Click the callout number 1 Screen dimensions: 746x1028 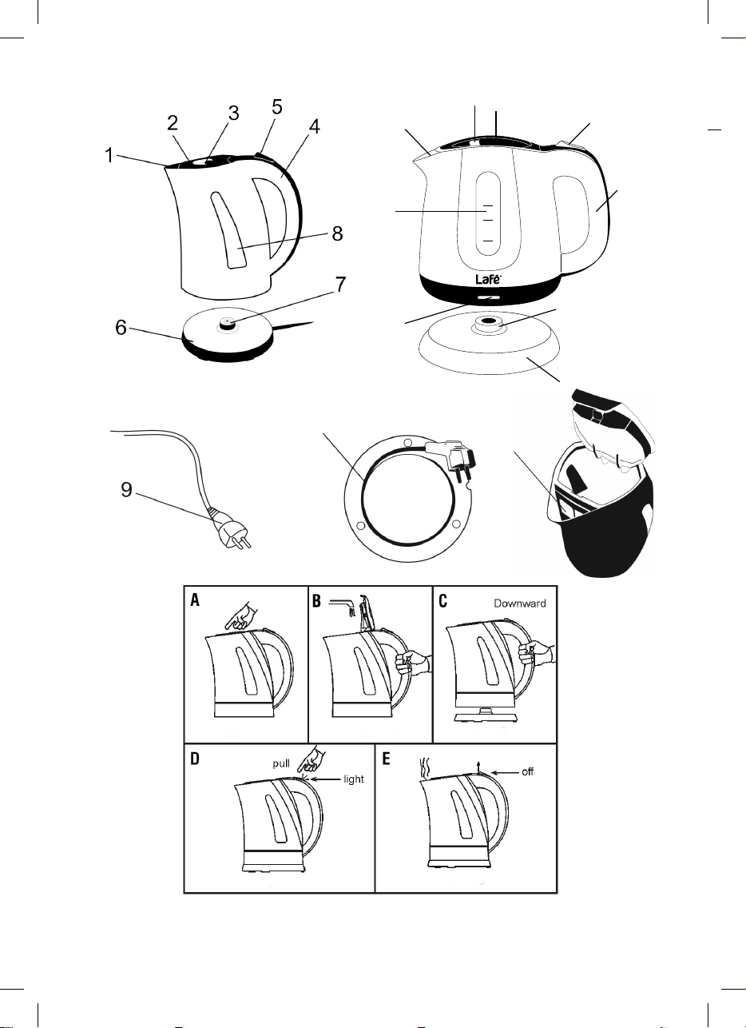tap(109, 155)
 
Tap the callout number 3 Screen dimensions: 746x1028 tap(234, 114)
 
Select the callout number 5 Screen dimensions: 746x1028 tap(277, 107)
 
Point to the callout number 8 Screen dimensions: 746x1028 tap(338, 233)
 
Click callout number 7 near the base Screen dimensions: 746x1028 tap(340, 285)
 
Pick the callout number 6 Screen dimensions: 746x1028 tap(121, 327)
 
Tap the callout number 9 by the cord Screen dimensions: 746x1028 tap(126, 490)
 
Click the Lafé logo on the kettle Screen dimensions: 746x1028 tap(488, 279)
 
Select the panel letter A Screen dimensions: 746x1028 tap(196, 600)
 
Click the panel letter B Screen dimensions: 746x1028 tap(316, 601)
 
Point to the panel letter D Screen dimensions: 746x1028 tap(195, 759)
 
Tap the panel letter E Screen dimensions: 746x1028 tap(386, 759)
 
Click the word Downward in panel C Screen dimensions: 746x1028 tap(520, 604)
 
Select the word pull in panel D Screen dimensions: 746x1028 tap(281, 764)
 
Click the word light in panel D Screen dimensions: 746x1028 tap(354, 779)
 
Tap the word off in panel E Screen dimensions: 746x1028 tap(527, 772)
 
